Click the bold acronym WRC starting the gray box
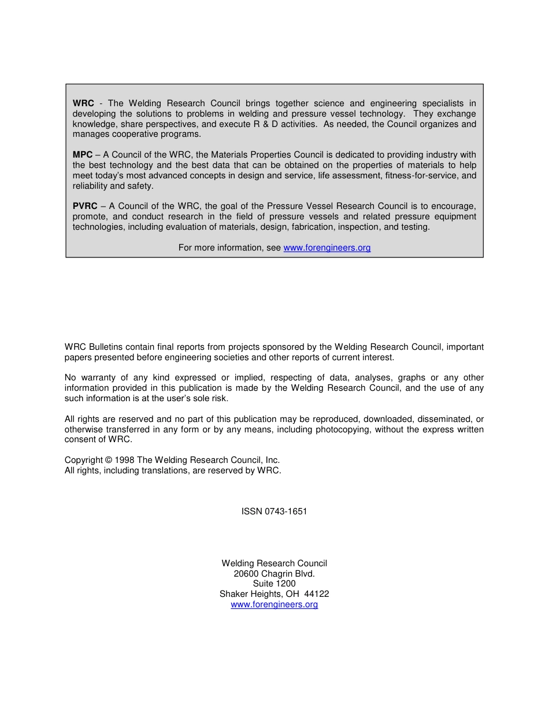(x=83, y=103)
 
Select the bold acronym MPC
(x=83, y=155)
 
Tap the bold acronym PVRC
(x=85, y=206)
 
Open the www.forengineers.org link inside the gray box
(x=327, y=248)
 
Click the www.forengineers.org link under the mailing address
(x=274, y=604)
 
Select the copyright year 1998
(x=125, y=460)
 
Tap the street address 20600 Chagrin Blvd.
(x=274, y=574)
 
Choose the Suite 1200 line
(x=274, y=584)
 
